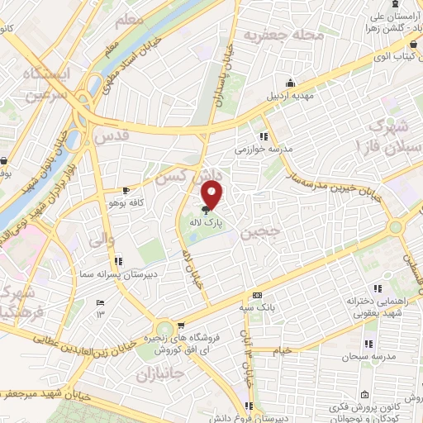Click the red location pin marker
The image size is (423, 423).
tap(213, 194)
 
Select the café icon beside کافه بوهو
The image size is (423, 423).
tap(126, 189)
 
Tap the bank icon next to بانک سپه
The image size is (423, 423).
tap(257, 295)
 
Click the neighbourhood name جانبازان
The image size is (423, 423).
tap(156, 373)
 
